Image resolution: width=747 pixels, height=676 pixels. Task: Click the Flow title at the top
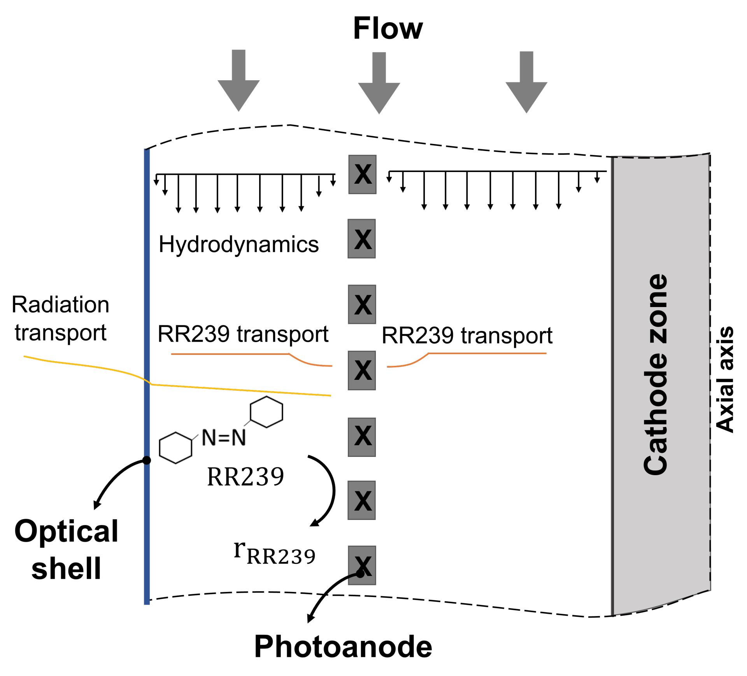(x=388, y=28)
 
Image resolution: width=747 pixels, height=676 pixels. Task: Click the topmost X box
(x=362, y=174)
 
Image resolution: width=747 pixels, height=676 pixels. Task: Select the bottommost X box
(x=362, y=565)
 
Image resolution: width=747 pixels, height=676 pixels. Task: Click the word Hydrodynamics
(x=238, y=245)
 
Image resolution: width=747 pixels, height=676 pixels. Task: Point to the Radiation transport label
(x=60, y=318)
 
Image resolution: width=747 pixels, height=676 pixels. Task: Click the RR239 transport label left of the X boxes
(x=243, y=334)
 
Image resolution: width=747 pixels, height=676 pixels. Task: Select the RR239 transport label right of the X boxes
(x=467, y=335)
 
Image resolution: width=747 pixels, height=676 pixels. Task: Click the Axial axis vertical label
(x=725, y=379)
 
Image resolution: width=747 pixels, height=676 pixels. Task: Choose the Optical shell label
(x=66, y=549)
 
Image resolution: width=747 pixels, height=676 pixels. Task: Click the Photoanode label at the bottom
(x=343, y=646)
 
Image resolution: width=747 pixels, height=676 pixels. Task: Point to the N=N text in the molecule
(x=224, y=437)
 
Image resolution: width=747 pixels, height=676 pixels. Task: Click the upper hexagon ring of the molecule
(x=266, y=412)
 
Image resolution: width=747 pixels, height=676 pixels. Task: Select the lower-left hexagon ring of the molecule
(x=175, y=448)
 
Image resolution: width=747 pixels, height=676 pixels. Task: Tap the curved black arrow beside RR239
(x=329, y=491)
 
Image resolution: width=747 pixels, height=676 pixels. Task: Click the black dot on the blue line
(x=147, y=460)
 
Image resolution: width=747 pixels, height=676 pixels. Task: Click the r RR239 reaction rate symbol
(x=275, y=553)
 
